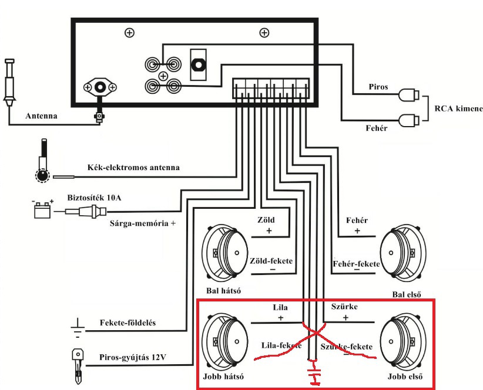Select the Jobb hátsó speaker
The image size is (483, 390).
(226, 342)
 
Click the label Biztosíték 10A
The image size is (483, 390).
(93, 198)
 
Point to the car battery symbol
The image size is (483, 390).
(42, 209)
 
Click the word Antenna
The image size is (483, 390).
(41, 116)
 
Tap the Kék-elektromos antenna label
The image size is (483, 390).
(133, 168)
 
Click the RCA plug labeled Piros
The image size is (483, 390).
(409, 94)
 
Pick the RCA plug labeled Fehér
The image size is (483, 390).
(409, 120)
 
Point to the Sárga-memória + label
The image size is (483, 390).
(143, 223)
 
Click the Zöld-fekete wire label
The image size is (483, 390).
(271, 260)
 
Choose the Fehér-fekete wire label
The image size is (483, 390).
(355, 264)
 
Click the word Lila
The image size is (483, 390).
(281, 307)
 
